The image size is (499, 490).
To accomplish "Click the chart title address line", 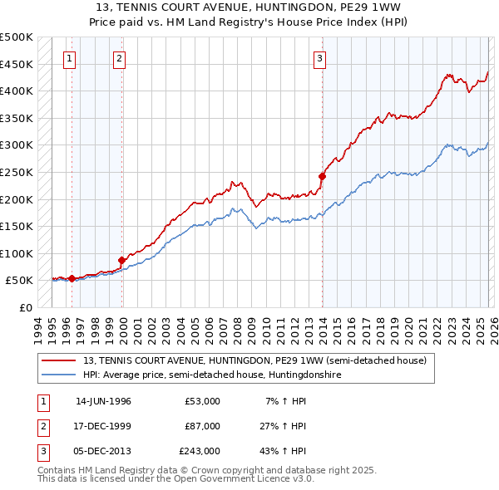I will [249, 6].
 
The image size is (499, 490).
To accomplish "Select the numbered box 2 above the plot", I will [120, 58].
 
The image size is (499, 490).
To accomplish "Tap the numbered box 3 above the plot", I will [319, 58].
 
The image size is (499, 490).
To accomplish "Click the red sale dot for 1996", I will [72, 278].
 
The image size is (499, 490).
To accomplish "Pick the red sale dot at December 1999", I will [122, 260].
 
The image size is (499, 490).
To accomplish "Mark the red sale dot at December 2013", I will [322, 176].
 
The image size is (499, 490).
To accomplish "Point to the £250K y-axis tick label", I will [17, 172].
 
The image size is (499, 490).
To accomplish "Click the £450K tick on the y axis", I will [17, 64].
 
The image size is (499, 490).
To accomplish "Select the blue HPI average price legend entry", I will [212, 375].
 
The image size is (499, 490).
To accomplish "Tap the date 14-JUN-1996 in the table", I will [103, 401].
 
